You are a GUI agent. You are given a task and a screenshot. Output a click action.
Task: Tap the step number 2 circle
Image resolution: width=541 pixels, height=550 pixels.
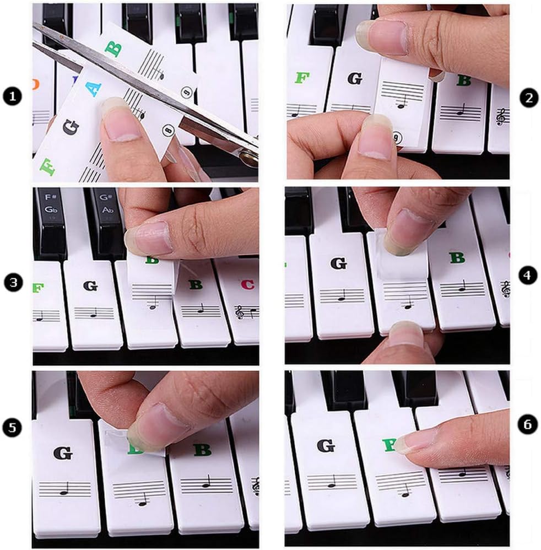(528, 98)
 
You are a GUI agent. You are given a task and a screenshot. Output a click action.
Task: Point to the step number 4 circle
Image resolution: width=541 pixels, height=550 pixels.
(528, 276)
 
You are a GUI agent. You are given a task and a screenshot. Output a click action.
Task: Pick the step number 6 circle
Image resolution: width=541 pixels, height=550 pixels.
(528, 424)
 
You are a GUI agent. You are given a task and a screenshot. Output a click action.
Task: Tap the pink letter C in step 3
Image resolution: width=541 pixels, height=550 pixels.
(248, 285)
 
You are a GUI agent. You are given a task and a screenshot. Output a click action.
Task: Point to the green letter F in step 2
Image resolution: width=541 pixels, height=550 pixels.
(301, 78)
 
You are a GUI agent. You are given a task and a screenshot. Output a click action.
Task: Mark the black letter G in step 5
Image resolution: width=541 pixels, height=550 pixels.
(62, 453)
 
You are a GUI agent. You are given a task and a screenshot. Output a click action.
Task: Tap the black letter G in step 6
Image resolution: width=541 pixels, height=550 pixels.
(327, 445)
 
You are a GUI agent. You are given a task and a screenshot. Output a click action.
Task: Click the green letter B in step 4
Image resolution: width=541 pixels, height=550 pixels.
(457, 257)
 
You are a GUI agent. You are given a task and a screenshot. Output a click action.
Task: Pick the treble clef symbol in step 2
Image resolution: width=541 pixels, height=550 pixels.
(501, 116)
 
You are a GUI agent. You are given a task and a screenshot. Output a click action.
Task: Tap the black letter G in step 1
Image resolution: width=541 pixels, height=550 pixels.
(71, 127)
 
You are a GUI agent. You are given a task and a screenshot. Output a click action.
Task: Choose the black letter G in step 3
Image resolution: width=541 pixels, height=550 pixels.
(90, 285)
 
